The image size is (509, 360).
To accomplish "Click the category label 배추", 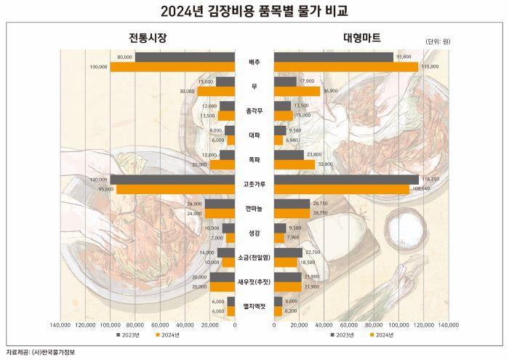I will [x=254, y=62].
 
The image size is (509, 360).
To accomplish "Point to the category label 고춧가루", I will [x=254, y=184].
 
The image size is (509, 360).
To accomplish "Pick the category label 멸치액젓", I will [x=254, y=306].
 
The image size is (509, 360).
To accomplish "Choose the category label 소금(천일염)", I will [x=254, y=257].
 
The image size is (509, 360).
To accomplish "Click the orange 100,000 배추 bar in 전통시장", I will [x=172, y=67].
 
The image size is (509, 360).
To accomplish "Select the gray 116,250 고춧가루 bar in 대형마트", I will [x=346, y=180].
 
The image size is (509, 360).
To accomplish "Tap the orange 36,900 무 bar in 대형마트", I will [x=297, y=92].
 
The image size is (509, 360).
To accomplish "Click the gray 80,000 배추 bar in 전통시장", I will [x=185, y=57].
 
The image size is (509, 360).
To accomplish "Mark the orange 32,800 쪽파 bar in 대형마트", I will [x=294, y=164].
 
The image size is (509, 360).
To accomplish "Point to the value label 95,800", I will [x=403, y=57].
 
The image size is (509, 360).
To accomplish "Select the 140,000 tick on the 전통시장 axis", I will [x=60, y=325].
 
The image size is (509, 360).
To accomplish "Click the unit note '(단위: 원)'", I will [x=436, y=41].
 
